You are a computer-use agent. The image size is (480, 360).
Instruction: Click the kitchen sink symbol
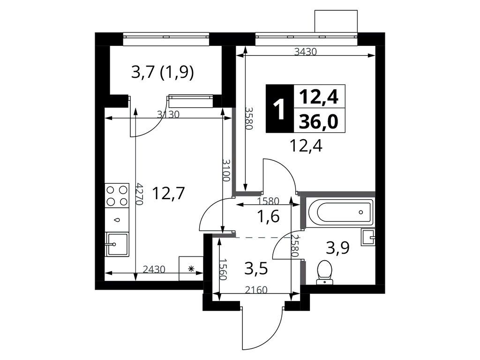pyautogui.click(x=117, y=244)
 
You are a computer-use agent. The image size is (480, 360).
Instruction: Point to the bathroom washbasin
pyautogui.click(x=368, y=237)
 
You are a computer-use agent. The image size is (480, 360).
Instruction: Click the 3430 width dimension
pyautogui.click(x=306, y=52)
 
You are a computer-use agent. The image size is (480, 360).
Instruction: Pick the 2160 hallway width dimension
pyautogui.click(x=256, y=290)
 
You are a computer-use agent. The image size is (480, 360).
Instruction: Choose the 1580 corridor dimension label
pyautogui.click(x=269, y=201)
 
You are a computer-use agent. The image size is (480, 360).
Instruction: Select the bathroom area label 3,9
pyautogui.click(x=337, y=248)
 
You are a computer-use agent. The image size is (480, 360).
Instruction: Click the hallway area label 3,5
pyautogui.click(x=256, y=270)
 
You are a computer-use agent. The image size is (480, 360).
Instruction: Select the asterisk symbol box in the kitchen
pyautogui.click(x=191, y=269)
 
